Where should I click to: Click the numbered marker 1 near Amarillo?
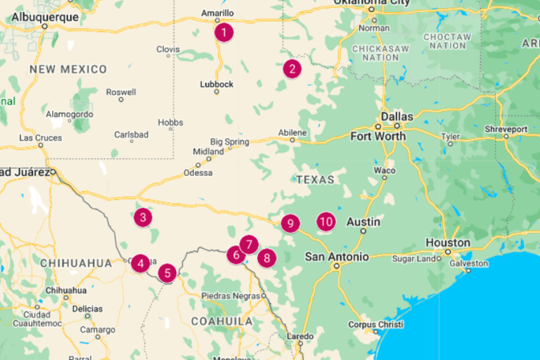click(x=224, y=32)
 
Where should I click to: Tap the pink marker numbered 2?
click(x=292, y=69)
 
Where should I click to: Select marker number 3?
click(x=143, y=217)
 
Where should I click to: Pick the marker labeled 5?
click(x=166, y=272)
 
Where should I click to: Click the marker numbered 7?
click(x=248, y=245)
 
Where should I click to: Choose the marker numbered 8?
click(x=266, y=257)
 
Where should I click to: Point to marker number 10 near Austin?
click(x=325, y=221)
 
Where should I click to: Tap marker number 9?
click(x=290, y=224)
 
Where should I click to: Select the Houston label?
click(x=448, y=243)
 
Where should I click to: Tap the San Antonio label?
click(x=336, y=257)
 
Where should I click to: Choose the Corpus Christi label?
click(x=375, y=325)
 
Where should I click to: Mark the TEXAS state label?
click(x=315, y=179)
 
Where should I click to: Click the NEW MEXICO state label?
click(x=68, y=70)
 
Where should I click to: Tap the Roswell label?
click(x=121, y=92)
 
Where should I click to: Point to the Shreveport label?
click(x=506, y=129)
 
